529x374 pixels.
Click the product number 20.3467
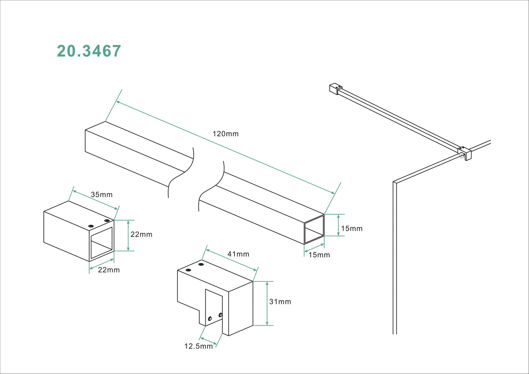tap(89, 51)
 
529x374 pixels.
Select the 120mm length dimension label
tap(226, 134)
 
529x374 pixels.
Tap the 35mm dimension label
tap(101, 195)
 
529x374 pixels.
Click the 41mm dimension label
tap(238, 254)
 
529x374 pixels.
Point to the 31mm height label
tap(280, 302)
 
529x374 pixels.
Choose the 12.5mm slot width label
tap(198, 346)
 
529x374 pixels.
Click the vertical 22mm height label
tap(141, 235)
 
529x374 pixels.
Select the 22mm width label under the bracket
tap(109, 270)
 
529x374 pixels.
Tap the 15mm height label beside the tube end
tap(351, 229)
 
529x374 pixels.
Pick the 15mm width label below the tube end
tap(319, 255)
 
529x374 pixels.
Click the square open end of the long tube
tap(314, 229)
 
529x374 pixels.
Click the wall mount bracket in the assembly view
tap(335, 89)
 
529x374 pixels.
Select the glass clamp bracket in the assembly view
tap(465, 153)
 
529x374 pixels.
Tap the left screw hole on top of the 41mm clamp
tap(188, 270)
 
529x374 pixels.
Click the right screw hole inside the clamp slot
tap(220, 315)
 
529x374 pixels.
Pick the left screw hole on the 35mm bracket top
tap(91, 226)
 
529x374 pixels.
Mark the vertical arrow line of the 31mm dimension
tap(267, 303)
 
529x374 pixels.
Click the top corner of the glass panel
tap(395, 182)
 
